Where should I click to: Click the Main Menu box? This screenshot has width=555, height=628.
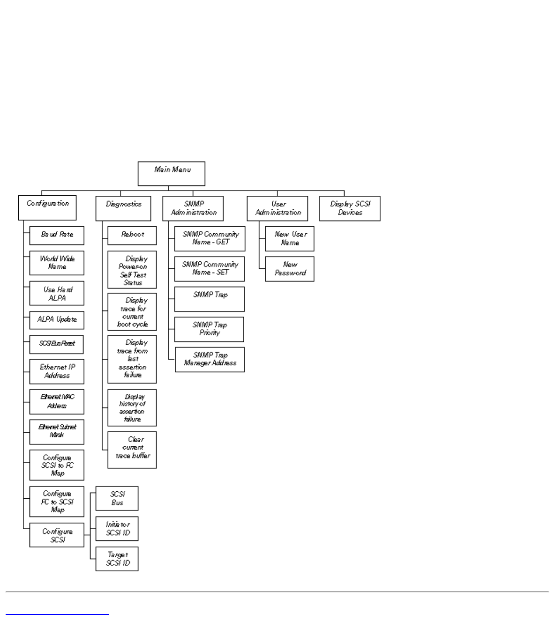(x=171, y=174)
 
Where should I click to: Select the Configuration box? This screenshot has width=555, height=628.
(x=47, y=208)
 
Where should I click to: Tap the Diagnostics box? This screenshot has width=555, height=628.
(x=123, y=208)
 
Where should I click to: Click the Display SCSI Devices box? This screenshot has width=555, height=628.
(x=350, y=208)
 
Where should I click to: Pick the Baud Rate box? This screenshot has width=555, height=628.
(x=57, y=236)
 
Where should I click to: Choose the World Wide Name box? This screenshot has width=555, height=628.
(x=57, y=263)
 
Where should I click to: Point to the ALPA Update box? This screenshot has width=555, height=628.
(x=57, y=320)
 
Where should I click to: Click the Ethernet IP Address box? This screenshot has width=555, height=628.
(x=57, y=372)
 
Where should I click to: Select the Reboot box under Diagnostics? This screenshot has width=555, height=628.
(x=132, y=236)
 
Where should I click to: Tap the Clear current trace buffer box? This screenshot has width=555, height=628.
(x=132, y=450)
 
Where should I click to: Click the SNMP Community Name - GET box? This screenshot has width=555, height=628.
(x=210, y=239)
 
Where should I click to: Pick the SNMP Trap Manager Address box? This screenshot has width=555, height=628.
(x=210, y=360)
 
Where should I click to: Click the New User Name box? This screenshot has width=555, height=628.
(x=290, y=239)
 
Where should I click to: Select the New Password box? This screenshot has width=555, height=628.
(x=290, y=269)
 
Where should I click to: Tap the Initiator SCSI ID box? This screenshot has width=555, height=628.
(x=117, y=529)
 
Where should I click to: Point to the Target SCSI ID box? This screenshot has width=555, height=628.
(x=117, y=559)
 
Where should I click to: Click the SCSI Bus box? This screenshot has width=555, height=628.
(x=117, y=498)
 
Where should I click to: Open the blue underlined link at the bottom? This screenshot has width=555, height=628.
(x=57, y=613)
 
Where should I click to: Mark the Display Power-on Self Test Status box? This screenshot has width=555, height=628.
(x=132, y=270)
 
